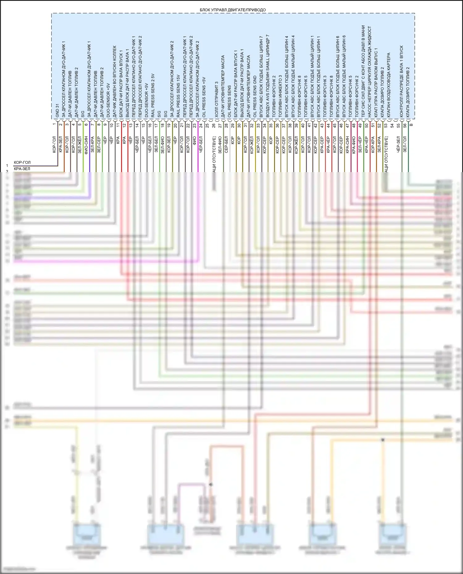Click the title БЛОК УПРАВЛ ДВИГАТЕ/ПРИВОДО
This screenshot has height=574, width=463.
(232, 10)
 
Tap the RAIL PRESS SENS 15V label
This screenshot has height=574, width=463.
(178, 96)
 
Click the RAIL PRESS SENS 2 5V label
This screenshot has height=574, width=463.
(153, 95)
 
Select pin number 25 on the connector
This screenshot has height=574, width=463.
(207, 126)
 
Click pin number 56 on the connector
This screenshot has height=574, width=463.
(405, 126)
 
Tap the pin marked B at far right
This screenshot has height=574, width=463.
(411, 125)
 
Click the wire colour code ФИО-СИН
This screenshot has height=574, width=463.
(86, 144)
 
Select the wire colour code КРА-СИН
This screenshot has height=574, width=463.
(347, 145)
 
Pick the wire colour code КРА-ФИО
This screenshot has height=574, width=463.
(354, 145)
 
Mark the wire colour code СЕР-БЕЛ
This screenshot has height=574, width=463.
(226, 145)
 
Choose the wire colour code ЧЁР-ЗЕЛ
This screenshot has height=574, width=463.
(398, 145)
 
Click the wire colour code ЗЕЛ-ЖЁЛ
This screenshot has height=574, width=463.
(80, 145)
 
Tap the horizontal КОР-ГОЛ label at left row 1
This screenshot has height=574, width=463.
(22, 163)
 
